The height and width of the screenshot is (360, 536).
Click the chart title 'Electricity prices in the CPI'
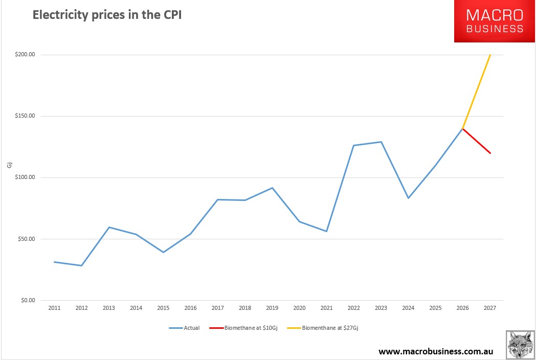click(x=107, y=15)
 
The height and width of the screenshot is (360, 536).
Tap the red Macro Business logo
click(x=495, y=21)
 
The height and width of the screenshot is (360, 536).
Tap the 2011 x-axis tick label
click(x=54, y=308)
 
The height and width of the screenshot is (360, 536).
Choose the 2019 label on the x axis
click(x=272, y=308)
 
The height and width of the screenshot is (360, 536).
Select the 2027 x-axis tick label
click(x=490, y=308)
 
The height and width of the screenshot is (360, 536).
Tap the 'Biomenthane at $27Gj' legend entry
click(x=328, y=328)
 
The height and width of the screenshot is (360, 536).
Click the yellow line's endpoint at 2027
click(x=490, y=55)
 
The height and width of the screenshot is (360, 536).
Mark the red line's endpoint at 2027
click(x=490, y=153)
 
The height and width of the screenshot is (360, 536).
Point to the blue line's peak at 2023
click(x=381, y=142)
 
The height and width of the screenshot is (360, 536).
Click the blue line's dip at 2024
click(x=408, y=198)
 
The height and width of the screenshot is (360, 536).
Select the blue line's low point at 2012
click(x=81, y=265)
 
